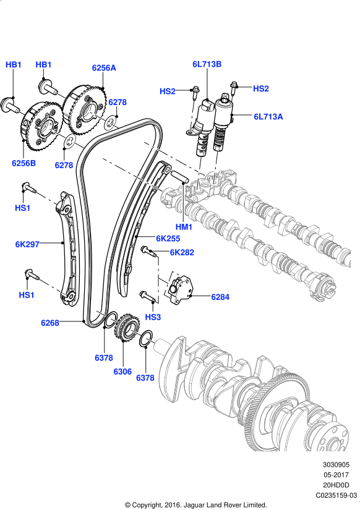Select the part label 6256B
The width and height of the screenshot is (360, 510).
point(24,163)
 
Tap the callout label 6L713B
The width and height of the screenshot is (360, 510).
point(207,64)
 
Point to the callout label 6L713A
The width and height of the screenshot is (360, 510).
point(268,116)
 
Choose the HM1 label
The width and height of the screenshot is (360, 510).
point(184,227)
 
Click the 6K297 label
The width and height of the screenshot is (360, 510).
point(27,244)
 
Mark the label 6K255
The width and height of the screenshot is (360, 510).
point(168,238)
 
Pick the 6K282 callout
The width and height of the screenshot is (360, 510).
point(182,252)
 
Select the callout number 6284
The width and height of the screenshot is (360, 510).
point(220,297)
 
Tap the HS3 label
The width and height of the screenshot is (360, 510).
point(153,317)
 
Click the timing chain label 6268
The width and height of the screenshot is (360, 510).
point(50,322)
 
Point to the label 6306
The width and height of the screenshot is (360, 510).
point(122,372)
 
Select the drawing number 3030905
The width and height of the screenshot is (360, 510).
point(336,464)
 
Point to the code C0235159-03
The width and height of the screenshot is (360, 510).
point(336,495)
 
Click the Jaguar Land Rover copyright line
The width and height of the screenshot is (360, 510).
point(195,504)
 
